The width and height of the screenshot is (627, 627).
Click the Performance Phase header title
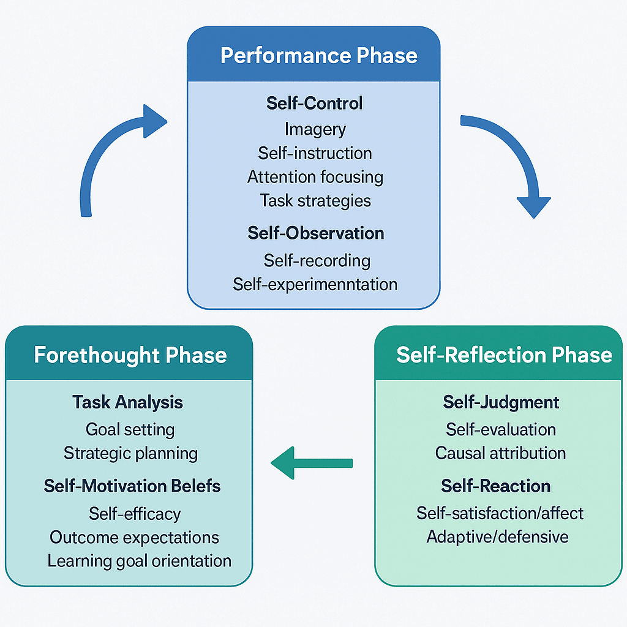[318, 56]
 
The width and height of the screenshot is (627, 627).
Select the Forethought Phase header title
[130, 355]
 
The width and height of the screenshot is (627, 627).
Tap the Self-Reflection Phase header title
[504, 355]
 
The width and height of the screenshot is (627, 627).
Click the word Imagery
[315, 129]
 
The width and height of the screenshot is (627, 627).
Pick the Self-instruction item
[315, 153]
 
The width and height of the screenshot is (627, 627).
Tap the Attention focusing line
[315, 177]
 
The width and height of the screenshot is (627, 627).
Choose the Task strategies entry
[315, 200]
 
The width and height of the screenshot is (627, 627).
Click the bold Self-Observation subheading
[315, 233]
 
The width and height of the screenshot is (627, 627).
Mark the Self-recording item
[317, 260]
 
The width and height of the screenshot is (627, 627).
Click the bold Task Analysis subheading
[127, 402]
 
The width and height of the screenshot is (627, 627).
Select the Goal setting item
[130, 429]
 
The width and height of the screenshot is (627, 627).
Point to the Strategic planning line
[130, 453]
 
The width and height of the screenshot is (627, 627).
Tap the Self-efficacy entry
[135, 513]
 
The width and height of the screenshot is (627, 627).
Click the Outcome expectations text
[134, 537]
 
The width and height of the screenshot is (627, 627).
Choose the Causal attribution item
[500, 453]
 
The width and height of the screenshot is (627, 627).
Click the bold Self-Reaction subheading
[496, 486]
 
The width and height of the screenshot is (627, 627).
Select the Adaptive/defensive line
[497, 537]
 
